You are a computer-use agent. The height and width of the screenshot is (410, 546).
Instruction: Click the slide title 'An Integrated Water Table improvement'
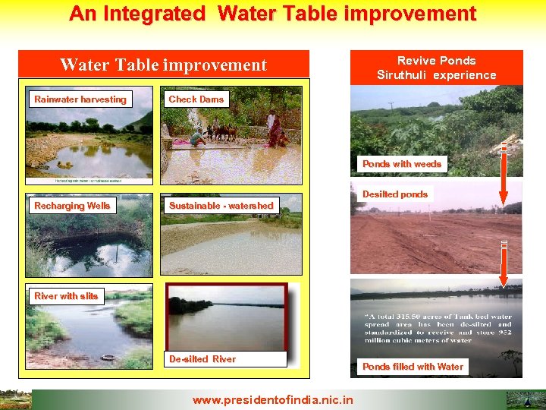pyautogui.click(x=272, y=14)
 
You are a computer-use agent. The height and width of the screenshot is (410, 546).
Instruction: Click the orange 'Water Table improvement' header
pyautogui.click(x=163, y=65)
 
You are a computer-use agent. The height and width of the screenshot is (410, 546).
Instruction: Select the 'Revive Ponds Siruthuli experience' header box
pyautogui.click(x=436, y=68)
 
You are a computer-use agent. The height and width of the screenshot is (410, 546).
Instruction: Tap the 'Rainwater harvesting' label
pyautogui.click(x=80, y=99)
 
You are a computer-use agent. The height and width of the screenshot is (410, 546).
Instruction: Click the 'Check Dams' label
pyautogui.click(x=196, y=99)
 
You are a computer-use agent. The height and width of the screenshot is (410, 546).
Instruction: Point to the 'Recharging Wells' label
pyautogui.click(x=72, y=206)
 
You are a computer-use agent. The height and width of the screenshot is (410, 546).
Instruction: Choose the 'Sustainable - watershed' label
pyautogui.click(x=221, y=206)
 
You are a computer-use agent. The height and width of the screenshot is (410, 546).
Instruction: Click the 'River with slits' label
pyautogui.click(x=66, y=296)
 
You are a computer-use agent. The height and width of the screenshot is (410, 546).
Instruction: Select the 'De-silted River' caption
pyautogui.click(x=202, y=359)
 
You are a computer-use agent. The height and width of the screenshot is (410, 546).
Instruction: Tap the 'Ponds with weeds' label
pyautogui.click(x=401, y=164)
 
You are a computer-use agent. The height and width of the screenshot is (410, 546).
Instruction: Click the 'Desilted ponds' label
pyautogui.click(x=395, y=194)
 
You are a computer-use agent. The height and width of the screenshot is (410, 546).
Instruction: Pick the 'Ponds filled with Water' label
pyautogui.click(x=413, y=367)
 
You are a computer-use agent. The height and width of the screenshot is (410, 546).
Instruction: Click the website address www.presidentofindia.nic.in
pyautogui.click(x=272, y=399)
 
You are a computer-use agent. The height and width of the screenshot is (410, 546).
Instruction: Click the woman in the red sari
pyautogui.click(x=273, y=127)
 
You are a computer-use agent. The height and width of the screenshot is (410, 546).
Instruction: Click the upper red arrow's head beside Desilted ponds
pyautogui.click(x=503, y=199)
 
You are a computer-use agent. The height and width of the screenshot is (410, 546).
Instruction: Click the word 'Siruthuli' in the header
pyautogui.click(x=406, y=75)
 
